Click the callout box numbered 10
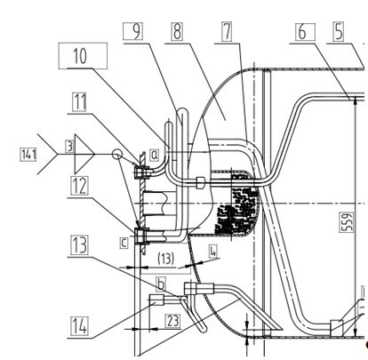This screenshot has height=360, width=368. click(x=83, y=56)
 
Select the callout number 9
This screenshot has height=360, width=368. click(x=133, y=31)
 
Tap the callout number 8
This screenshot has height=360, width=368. click(x=177, y=31)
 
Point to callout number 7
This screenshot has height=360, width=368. click(x=227, y=31)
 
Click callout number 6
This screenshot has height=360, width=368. click(x=305, y=31)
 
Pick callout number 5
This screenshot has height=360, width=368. click(x=339, y=31)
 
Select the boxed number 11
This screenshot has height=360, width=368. click(x=79, y=102)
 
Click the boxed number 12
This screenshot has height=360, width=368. click(x=79, y=186)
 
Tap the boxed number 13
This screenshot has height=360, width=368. click(x=79, y=245)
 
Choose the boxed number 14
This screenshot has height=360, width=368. click(x=79, y=326)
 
